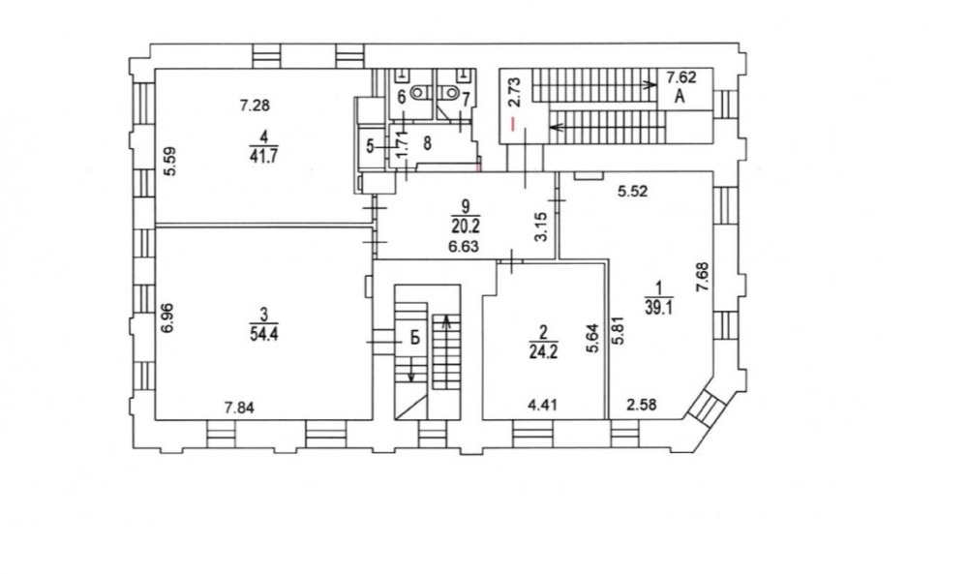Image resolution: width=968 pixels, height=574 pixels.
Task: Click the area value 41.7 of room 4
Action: [263, 156]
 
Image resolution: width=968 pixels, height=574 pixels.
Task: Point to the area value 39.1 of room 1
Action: [658, 308]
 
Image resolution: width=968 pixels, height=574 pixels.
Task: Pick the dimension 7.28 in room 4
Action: [255, 106]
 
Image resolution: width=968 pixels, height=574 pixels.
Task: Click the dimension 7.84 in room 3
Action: [239, 408]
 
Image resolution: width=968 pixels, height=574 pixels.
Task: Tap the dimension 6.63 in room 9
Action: [464, 247]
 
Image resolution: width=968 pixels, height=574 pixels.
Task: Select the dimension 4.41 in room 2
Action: [543, 406]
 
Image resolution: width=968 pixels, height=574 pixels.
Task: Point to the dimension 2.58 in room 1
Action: [642, 405]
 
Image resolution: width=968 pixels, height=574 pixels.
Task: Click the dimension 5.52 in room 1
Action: [633, 192]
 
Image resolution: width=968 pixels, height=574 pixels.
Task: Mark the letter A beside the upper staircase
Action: [680, 96]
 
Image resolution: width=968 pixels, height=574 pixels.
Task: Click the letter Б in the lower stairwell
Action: [415, 337]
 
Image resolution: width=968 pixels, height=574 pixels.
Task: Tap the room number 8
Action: [427, 144]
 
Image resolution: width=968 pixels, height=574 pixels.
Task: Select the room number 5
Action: [370, 146]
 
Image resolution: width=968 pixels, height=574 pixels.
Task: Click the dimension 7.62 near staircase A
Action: [681, 77]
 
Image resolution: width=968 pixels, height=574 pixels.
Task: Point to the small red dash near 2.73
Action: [512, 124]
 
